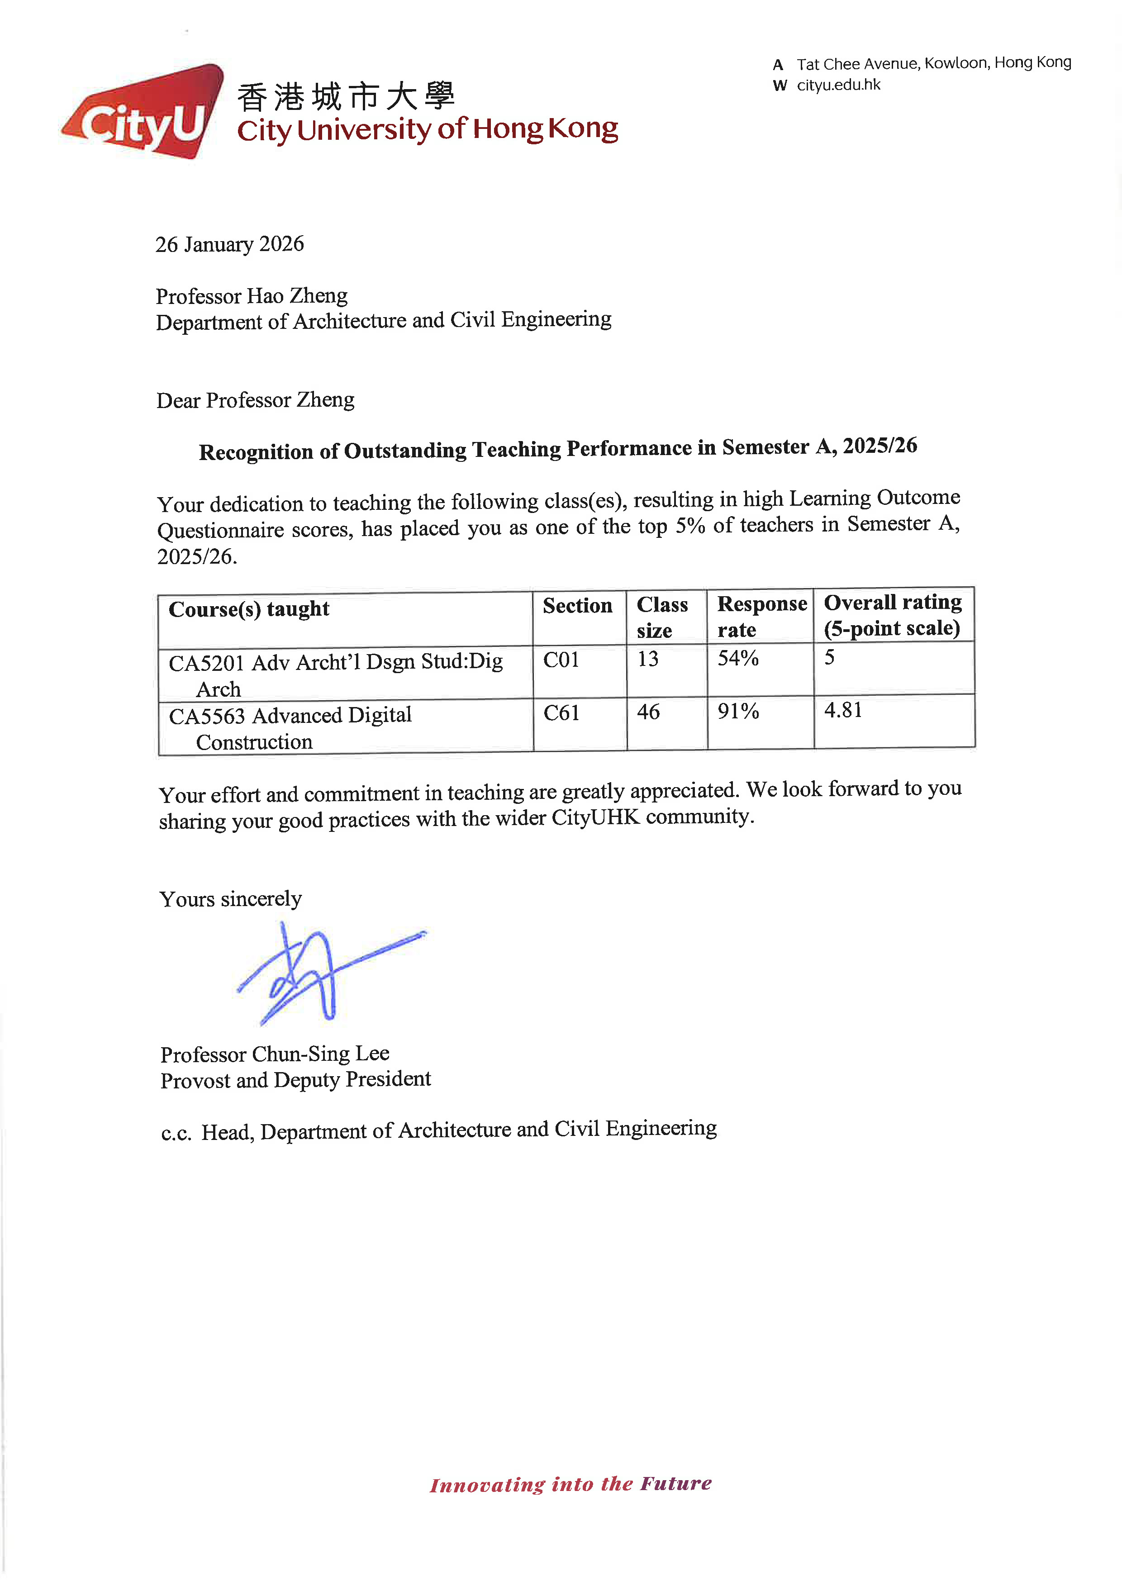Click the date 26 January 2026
pyautogui.click(x=229, y=245)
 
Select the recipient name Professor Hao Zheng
pyautogui.click(x=252, y=296)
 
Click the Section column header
pyautogui.click(x=577, y=606)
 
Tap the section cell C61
pyautogui.click(x=561, y=713)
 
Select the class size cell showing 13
pyautogui.click(x=647, y=660)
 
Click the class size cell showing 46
pyautogui.click(x=648, y=712)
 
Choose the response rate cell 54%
pyautogui.click(x=738, y=658)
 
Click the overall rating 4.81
pyautogui.click(x=843, y=711)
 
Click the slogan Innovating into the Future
pyautogui.click(x=570, y=1484)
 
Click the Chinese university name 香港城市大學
pyautogui.click(x=346, y=97)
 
